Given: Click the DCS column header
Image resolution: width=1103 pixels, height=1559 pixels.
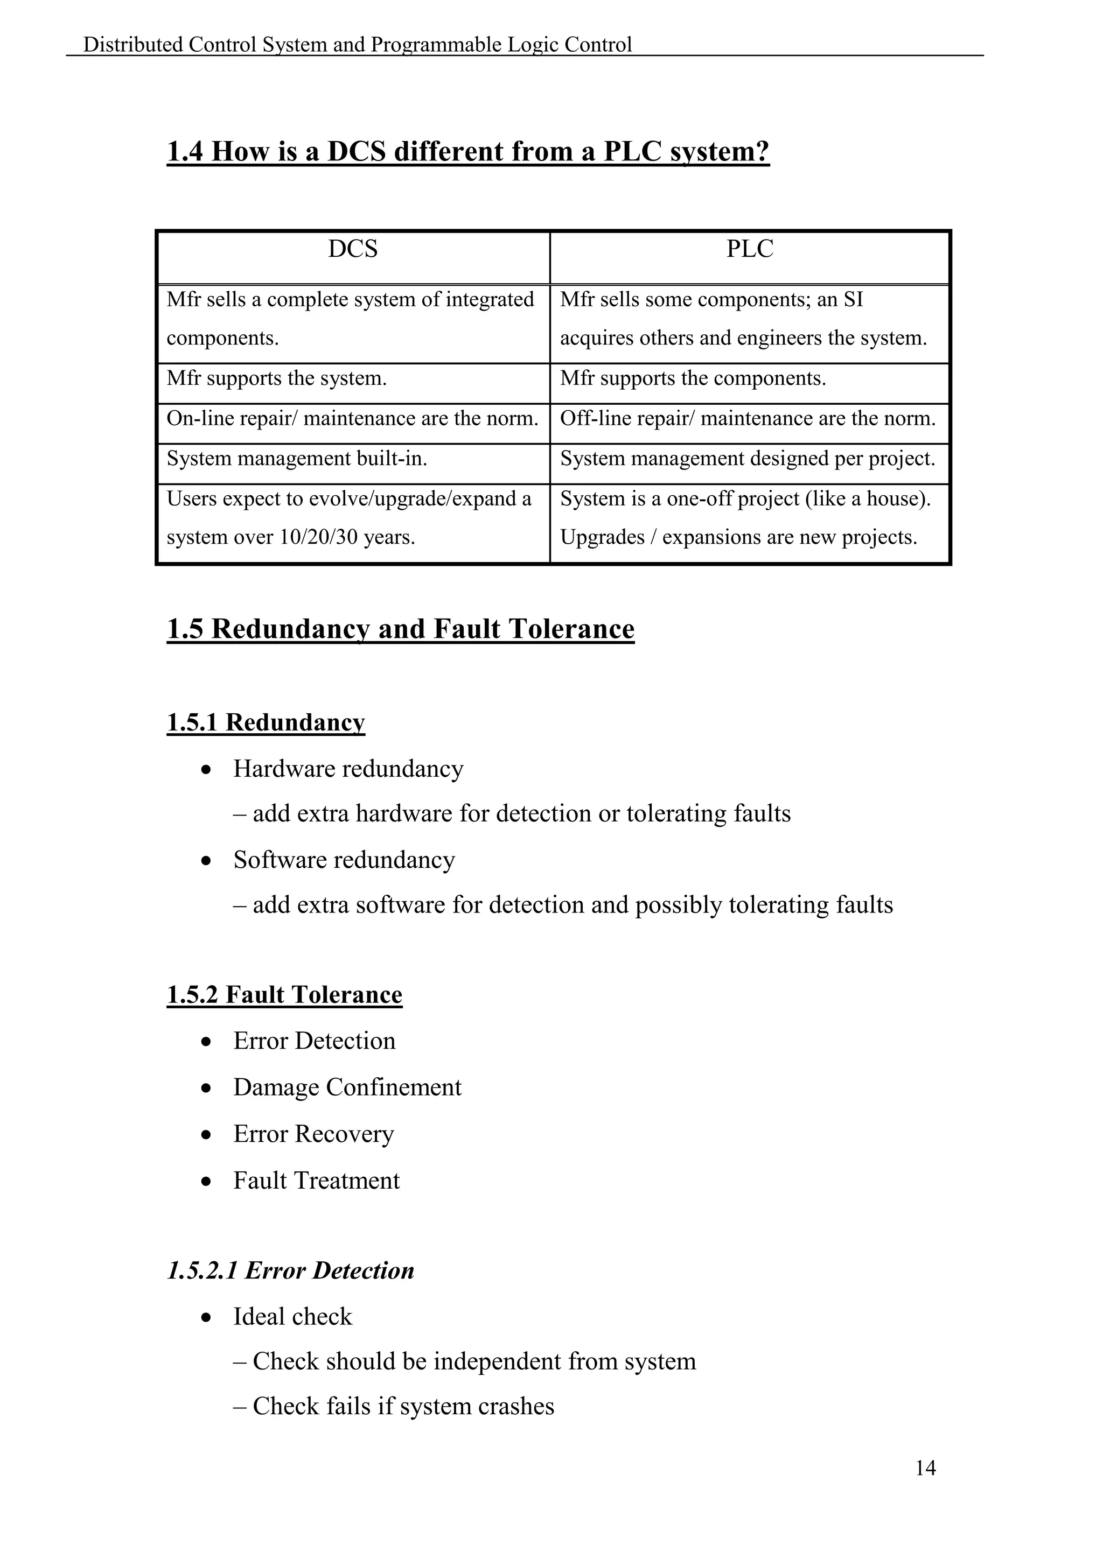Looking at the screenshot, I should (353, 249).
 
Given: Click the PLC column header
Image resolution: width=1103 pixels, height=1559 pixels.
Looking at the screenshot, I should (749, 249).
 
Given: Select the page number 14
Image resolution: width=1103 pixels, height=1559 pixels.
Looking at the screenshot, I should (925, 1468).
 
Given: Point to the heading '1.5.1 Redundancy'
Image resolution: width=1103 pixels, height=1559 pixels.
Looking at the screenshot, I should (266, 722).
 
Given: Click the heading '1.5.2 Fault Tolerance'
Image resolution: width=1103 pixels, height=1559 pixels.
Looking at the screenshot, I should (284, 995).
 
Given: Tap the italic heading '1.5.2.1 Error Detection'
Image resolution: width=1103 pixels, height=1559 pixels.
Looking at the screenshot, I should (290, 1270).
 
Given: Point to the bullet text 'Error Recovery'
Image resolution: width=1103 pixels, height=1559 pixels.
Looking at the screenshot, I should (313, 1134).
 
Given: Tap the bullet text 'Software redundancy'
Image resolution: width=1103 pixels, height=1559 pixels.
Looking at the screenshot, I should (344, 860).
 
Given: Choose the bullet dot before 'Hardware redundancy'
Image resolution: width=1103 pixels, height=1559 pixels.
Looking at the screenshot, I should (206, 770).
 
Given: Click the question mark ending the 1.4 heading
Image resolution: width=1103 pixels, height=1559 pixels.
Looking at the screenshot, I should (762, 151).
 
